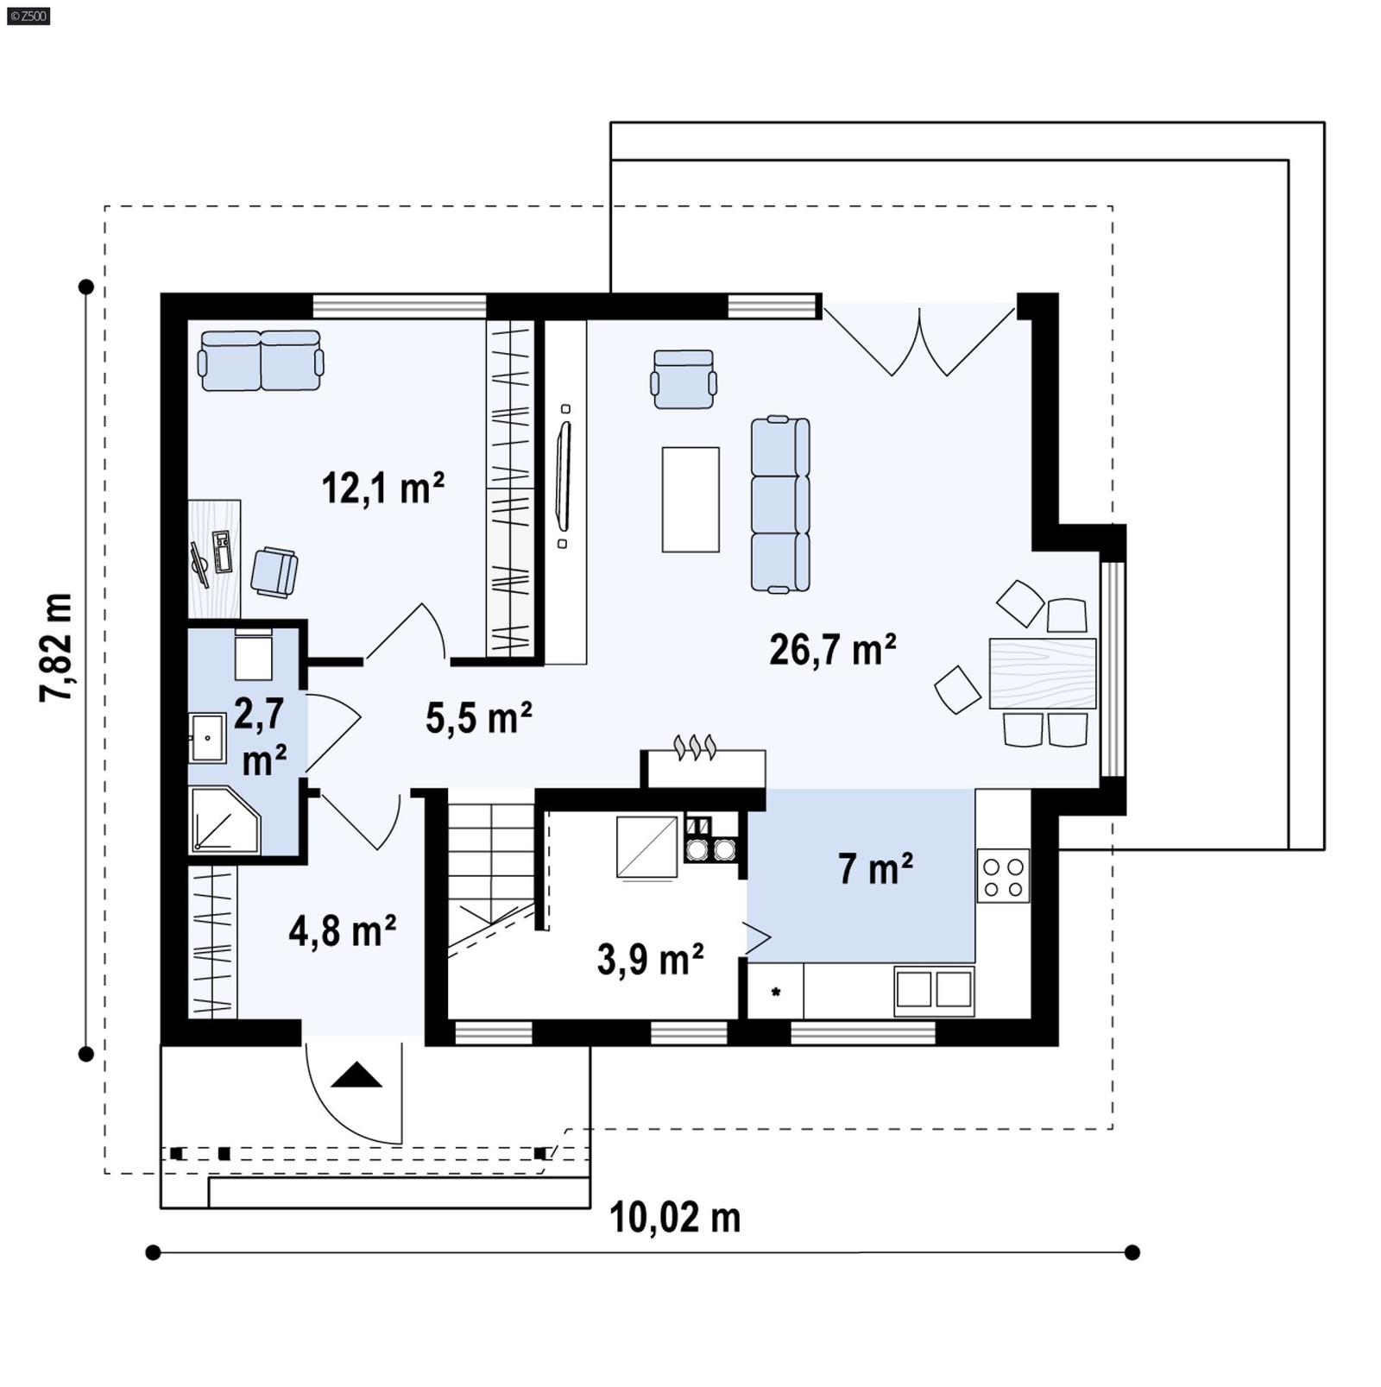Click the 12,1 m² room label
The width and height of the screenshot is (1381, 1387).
[x=382, y=489]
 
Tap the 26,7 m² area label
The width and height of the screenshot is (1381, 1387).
[x=832, y=650]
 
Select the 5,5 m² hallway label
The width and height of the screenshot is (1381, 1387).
[x=478, y=718]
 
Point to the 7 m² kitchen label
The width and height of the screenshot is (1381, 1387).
[x=875, y=869]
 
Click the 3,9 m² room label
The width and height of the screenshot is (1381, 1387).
[x=650, y=959]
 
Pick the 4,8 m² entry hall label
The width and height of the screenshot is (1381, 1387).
[x=342, y=931]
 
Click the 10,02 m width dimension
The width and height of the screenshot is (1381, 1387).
[x=675, y=1218]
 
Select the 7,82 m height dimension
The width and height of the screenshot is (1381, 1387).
[x=57, y=647]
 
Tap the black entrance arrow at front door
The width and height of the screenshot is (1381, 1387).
[x=356, y=1075]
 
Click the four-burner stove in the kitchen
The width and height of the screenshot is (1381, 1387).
[x=1003, y=877]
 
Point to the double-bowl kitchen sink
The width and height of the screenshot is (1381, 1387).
[x=934, y=990]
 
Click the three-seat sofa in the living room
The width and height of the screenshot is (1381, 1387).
[x=779, y=505]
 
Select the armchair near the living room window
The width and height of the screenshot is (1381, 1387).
[x=684, y=378]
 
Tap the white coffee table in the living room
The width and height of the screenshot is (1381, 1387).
[x=690, y=499]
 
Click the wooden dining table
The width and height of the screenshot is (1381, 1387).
[x=1042, y=673]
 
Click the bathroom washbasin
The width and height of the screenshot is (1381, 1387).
[x=207, y=739]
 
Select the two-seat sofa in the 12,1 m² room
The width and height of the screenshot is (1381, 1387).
[x=261, y=360]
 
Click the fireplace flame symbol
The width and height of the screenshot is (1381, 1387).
[x=695, y=747]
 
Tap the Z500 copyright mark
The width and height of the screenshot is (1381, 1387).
[x=28, y=15]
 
